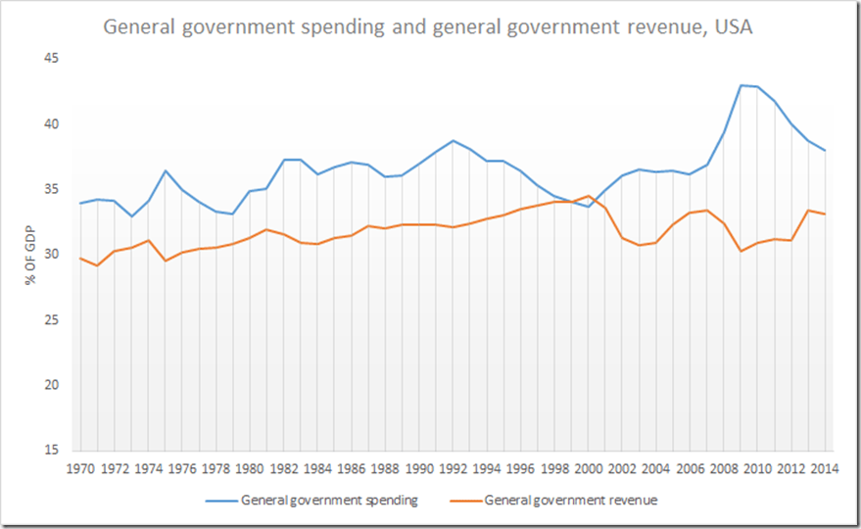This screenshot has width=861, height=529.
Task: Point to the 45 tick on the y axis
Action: point(50,59)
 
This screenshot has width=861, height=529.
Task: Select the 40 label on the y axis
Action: point(50,124)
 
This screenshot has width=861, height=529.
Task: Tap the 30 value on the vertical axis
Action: point(50,255)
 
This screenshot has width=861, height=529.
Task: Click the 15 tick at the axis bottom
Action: point(50,451)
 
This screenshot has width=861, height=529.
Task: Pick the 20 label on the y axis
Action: point(50,385)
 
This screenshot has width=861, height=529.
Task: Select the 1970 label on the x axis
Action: point(80,468)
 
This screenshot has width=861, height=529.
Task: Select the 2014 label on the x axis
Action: point(823,468)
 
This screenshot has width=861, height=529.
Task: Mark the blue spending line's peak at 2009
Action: point(741,85)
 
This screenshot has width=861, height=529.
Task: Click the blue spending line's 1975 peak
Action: point(166,170)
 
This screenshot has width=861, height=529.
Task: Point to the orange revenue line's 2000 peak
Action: point(588,196)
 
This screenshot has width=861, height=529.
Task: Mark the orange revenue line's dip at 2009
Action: point(741,251)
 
